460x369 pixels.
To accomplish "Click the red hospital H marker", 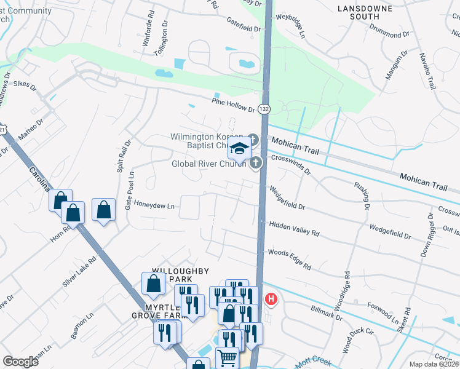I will point(271,300).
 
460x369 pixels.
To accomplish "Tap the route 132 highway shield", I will point(264,109).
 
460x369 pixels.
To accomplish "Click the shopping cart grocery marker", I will point(227,356).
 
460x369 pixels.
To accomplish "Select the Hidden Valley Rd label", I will point(294,229).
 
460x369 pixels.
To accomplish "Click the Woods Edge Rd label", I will point(289,258).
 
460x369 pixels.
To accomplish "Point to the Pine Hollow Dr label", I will point(232,105).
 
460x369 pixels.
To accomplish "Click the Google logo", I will point(20,362).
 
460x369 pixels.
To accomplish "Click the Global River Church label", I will point(208,164).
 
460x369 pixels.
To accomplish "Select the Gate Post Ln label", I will point(129,195).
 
